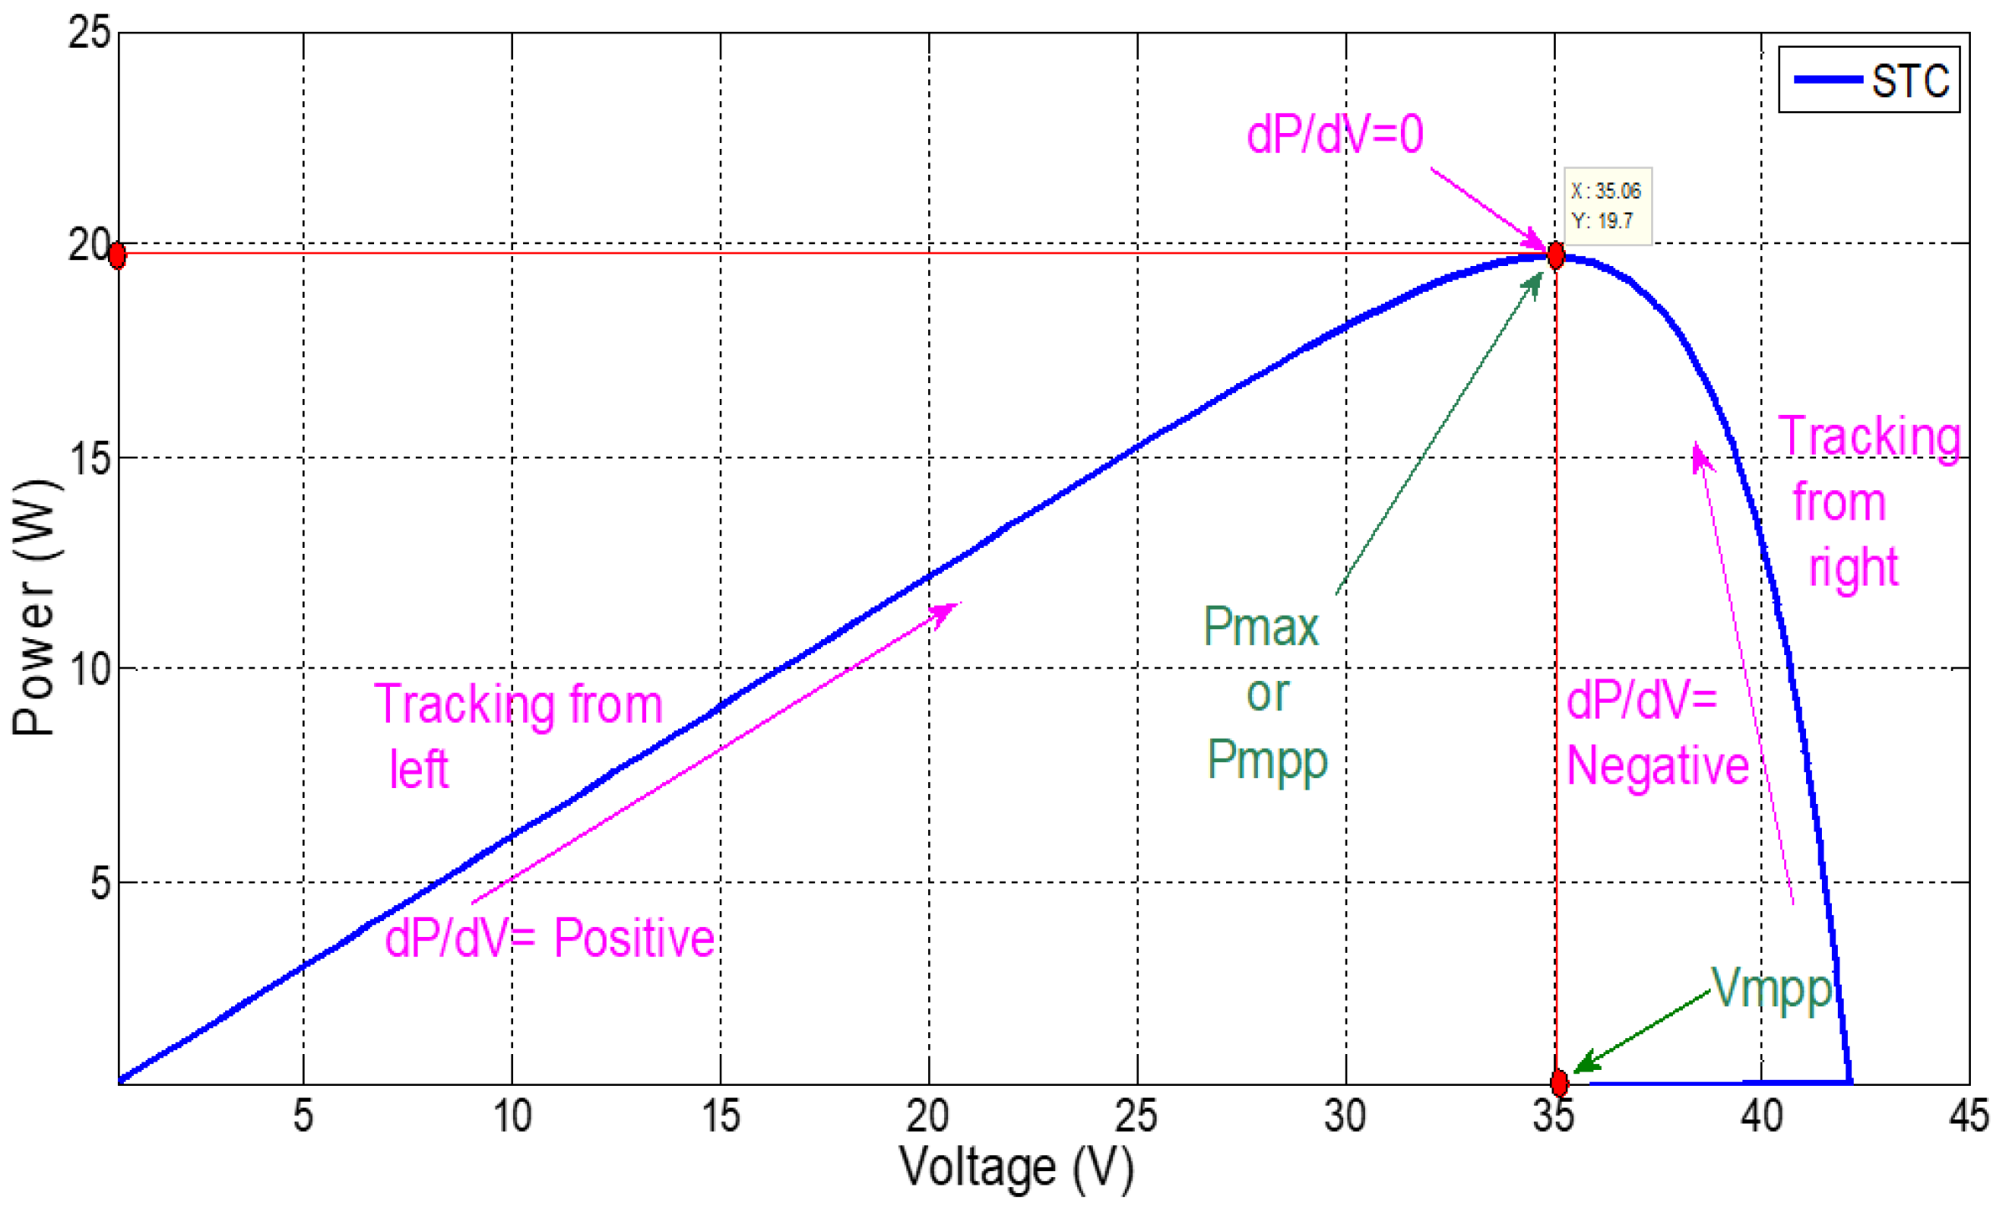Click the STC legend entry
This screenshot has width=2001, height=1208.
pos(1870,80)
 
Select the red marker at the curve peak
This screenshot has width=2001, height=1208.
pos(1556,255)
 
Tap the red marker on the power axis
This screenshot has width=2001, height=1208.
pos(118,255)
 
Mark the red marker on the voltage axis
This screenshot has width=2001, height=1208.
pos(1559,1083)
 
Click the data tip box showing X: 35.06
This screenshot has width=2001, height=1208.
pos(1607,206)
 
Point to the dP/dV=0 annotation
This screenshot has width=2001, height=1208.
pos(1334,134)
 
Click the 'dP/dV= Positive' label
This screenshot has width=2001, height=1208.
pos(549,938)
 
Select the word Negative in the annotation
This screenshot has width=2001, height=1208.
pos(1657,765)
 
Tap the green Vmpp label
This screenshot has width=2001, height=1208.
pos(1771,989)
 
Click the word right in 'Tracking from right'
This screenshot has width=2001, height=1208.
pos(1853,569)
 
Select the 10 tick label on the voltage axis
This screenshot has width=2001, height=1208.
pos(511,1116)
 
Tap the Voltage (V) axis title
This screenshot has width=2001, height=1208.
pos(1016,1168)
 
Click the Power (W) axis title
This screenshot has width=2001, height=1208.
pos(35,607)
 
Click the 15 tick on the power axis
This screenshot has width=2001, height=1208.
pos(90,458)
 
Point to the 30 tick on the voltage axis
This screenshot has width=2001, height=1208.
pos(1345,1116)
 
